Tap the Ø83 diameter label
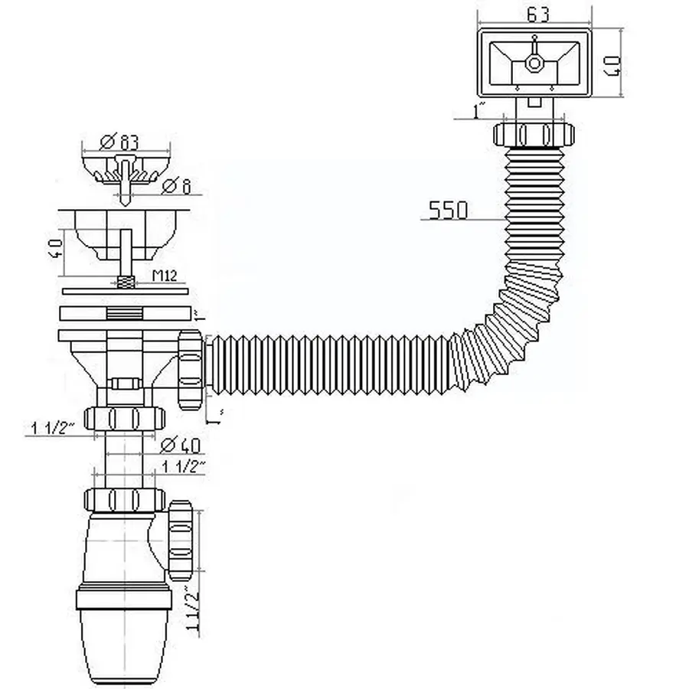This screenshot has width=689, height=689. pyautogui.click(x=122, y=142)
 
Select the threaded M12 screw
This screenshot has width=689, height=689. pyautogui.click(x=124, y=281)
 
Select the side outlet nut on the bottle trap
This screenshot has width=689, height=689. pyautogui.click(x=181, y=540)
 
